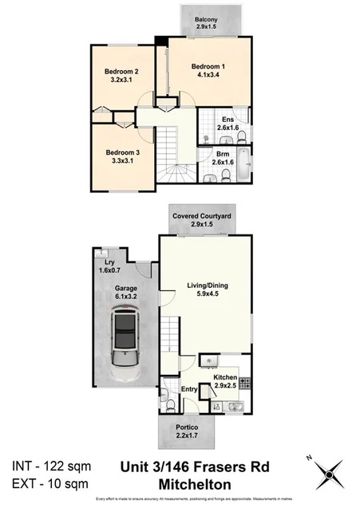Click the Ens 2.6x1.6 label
click(x=226, y=124)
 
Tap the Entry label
click(x=188, y=388)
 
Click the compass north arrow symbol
click(x=328, y=477)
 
